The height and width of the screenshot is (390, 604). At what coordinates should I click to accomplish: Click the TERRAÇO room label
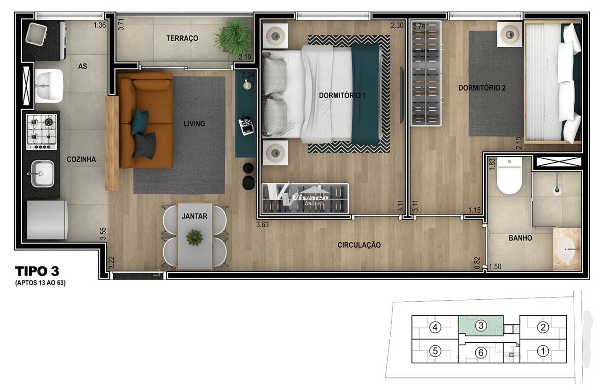click(x=182, y=38)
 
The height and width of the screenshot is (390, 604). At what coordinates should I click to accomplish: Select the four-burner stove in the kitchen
click(x=42, y=132)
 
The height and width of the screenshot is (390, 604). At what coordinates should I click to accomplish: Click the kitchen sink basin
click(x=42, y=174)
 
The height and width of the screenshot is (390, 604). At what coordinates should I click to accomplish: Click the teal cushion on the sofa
click(x=140, y=122)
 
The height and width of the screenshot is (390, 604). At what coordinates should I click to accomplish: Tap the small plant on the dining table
click(x=194, y=237)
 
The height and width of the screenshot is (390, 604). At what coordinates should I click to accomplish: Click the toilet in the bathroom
click(x=509, y=176)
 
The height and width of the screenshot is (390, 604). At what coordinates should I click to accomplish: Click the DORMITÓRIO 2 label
click(x=482, y=88)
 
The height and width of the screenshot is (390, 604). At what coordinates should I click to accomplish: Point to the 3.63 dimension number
click(x=262, y=224)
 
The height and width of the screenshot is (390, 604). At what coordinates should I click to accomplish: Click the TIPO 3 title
click(x=37, y=271)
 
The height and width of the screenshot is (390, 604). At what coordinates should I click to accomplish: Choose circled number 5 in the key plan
click(x=435, y=351)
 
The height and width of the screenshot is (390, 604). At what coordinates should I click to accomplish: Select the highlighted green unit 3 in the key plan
click(x=481, y=325)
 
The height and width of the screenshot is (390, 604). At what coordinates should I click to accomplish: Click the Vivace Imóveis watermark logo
click(x=301, y=196)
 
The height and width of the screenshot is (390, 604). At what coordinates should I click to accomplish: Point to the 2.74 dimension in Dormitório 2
click(x=419, y=26)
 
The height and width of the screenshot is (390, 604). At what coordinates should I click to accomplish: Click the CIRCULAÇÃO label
click(x=359, y=245)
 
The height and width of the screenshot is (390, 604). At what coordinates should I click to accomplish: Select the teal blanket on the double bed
click(x=365, y=94)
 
